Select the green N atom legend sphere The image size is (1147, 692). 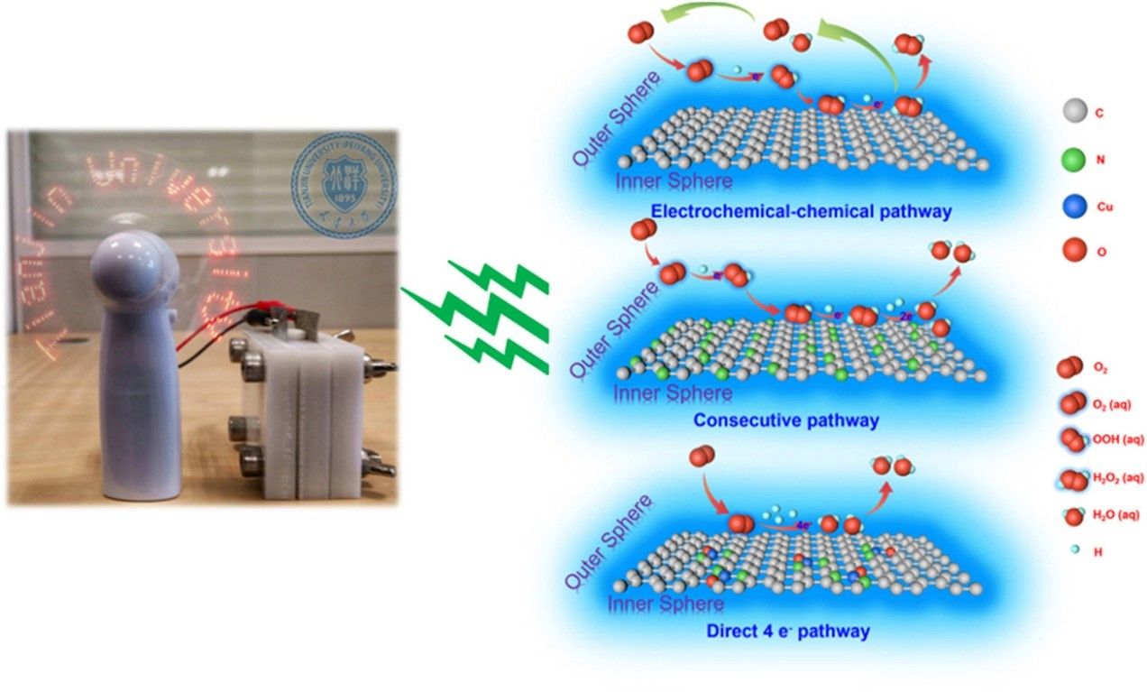coord(1072,161)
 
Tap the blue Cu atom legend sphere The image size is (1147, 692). coord(1072,206)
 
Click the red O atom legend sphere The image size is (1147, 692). coord(1072,252)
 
